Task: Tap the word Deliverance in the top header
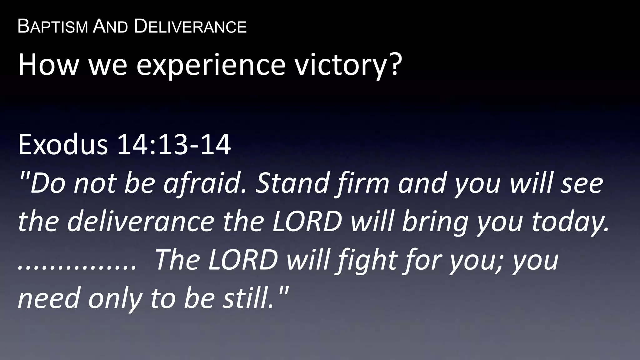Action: point(190,27)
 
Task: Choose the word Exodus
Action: point(63,144)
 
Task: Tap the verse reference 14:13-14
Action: point(174,144)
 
